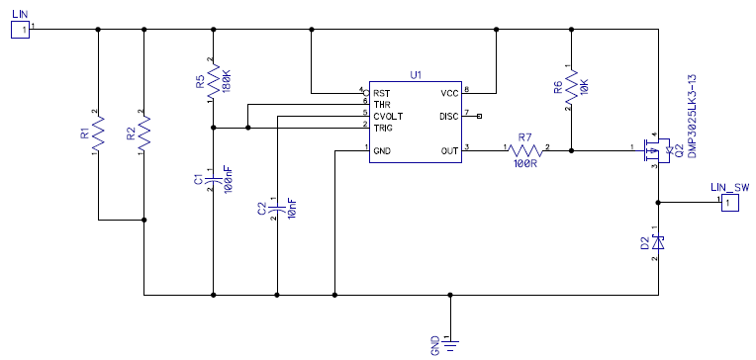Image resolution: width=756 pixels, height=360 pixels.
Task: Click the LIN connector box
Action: (x=20, y=30)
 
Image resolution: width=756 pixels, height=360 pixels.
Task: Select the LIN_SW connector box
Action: (x=730, y=203)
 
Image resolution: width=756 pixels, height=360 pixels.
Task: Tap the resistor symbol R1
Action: (x=98, y=135)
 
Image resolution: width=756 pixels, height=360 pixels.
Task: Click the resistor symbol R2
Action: (x=144, y=135)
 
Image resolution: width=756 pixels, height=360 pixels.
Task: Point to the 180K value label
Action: (x=228, y=81)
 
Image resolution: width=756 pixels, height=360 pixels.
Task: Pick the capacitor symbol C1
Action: (x=213, y=180)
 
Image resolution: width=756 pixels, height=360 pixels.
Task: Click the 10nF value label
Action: (x=292, y=209)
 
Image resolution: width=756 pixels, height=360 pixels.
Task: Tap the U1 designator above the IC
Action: (x=416, y=75)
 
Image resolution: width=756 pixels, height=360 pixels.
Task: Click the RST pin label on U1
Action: (x=381, y=93)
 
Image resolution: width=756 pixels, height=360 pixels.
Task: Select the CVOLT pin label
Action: (x=388, y=116)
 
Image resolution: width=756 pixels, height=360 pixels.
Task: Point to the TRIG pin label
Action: (x=383, y=129)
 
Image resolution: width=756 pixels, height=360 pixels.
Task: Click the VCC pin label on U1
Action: (x=449, y=93)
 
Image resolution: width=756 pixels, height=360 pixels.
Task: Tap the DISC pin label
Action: (x=449, y=116)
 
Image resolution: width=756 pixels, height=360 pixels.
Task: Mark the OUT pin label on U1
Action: (x=450, y=151)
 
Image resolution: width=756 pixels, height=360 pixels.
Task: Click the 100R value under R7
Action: (x=525, y=163)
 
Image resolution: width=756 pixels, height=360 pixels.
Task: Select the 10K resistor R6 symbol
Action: (x=571, y=87)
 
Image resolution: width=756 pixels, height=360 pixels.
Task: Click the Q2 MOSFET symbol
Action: (x=653, y=151)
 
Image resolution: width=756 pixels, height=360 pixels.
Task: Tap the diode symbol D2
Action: (x=658, y=242)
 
